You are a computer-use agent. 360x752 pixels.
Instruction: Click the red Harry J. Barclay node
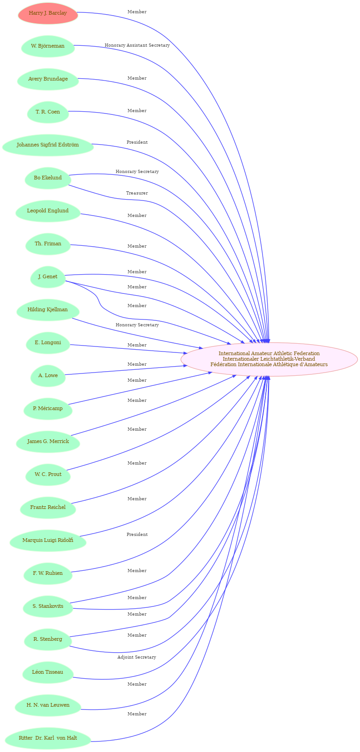click(x=48, y=13)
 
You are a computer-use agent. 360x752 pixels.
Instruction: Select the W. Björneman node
click(x=48, y=46)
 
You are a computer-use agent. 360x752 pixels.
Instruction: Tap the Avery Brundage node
click(x=48, y=79)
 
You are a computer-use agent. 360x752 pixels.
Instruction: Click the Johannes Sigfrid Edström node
click(x=48, y=145)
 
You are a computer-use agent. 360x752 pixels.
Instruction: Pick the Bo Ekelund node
click(x=48, y=178)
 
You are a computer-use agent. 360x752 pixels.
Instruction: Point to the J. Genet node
click(x=48, y=276)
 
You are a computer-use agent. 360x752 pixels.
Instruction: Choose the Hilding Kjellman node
click(x=48, y=309)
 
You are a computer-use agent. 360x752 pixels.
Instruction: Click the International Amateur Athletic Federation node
click(x=269, y=359)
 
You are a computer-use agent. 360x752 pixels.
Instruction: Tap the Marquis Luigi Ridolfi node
click(x=48, y=540)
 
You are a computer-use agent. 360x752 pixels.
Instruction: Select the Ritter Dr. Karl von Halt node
click(x=48, y=738)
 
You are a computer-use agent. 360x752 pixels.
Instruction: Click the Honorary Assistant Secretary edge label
click(x=137, y=45)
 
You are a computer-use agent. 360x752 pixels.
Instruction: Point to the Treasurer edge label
click(x=137, y=193)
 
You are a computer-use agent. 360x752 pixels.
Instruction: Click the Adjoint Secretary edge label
click(x=137, y=657)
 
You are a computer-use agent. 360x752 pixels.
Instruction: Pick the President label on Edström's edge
click(x=137, y=142)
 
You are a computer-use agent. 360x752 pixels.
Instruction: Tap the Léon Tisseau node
click(x=48, y=672)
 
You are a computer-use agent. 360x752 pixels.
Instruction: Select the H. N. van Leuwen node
click(x=48, y=705)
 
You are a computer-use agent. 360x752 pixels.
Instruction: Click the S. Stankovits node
click(x=48, y=606)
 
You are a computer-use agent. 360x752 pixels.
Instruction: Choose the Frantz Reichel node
click(x=48, y=507)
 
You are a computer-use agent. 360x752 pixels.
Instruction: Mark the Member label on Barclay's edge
click(x=137, y=12)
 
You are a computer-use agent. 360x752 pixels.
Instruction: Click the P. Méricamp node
click(x=48, y=409)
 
